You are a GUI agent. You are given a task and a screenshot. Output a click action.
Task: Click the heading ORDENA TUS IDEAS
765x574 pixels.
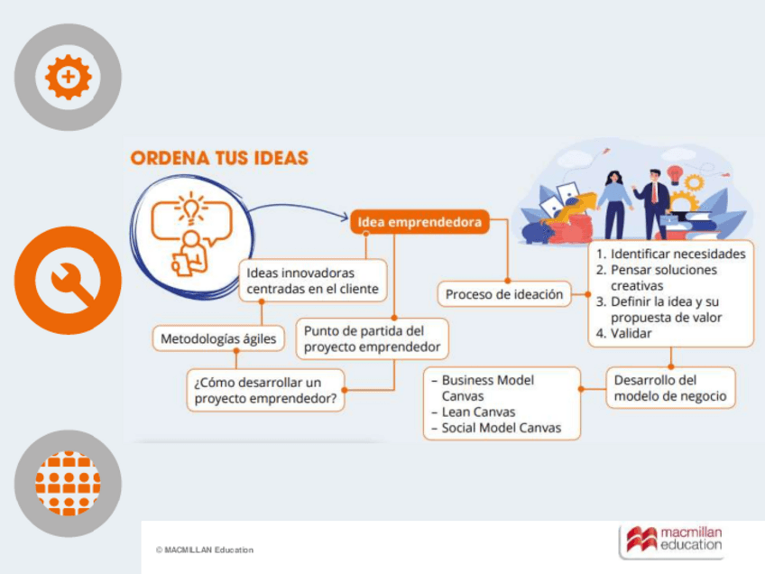[x=219, y=158]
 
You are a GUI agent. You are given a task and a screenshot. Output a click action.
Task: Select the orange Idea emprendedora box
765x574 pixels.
[x=419, y=221]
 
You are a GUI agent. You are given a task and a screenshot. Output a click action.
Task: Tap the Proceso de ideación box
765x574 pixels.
[x=504, y=294]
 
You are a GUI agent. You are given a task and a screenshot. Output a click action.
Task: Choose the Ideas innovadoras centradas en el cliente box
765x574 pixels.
[x=312, y=281]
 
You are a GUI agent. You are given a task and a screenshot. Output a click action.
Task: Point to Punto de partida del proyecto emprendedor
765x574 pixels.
[x=372, y=338]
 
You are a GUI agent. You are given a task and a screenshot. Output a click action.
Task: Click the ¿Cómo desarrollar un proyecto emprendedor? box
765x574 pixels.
[x=265, y=389]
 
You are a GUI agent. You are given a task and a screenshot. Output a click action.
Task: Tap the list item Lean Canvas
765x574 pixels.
[x=478, y=412]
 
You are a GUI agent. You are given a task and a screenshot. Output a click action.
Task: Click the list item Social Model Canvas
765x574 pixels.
[x=501, y=428]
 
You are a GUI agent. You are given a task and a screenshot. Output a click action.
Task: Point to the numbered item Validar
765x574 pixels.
[x=631, y=333]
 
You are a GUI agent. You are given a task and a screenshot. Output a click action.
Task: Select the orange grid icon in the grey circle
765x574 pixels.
[x=68, y=483]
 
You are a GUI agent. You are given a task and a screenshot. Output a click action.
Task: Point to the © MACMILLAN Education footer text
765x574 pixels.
[x=205, y=550]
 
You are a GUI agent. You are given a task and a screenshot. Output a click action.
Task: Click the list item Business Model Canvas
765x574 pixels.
[x=487, y=388]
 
